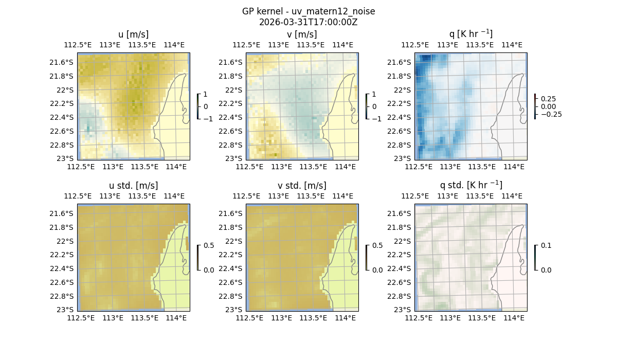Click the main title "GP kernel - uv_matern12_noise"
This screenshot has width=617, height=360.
click(308, 11)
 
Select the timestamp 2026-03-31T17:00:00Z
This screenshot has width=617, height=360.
click(308, 22)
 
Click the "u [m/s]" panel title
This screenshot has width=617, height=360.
click(133, 34)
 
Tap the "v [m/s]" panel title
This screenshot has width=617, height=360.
click(302, 34)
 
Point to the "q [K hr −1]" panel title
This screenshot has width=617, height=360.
click(470, 34)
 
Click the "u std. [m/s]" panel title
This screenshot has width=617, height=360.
click(133, 185)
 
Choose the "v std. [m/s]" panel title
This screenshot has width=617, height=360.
click(302, 185)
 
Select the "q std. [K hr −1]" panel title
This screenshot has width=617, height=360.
click(470, 185)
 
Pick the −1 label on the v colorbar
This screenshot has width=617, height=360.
click(376, 118)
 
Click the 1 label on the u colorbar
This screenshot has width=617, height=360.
click(206, 94)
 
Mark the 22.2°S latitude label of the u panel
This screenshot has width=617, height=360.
click(61, 103)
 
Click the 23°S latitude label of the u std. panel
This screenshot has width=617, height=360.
click(65, 310)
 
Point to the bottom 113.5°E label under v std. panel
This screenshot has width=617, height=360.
click(313, 318)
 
